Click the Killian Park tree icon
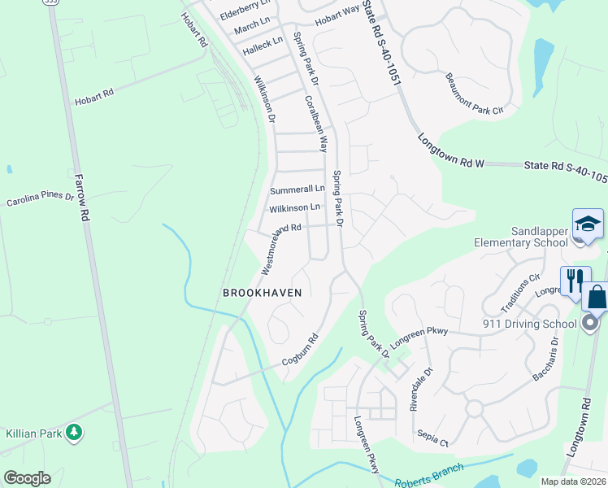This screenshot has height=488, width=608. pyautogui.click(x=74, y=432)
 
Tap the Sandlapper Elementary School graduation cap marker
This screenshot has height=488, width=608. pyautogui.click(x=587, y=224)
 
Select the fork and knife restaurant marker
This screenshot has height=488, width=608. pyautogui.click(x=574, y=281)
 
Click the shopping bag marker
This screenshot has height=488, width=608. pyautogui.click(x=596, y=297)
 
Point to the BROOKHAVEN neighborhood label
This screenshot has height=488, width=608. pyautogui.click(x=263, y=293)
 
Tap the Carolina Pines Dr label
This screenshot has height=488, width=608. pyautogui.click(x=41, y=198)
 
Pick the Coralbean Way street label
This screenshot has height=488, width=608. pyautogui.click(x=316, y=124)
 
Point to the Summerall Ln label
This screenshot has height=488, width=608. pyautogui.click(x=297, y=190)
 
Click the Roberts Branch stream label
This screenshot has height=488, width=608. pyautogui.click(x=429, y=475)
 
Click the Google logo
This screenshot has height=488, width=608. pyautogui.click(x=27, y=478)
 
